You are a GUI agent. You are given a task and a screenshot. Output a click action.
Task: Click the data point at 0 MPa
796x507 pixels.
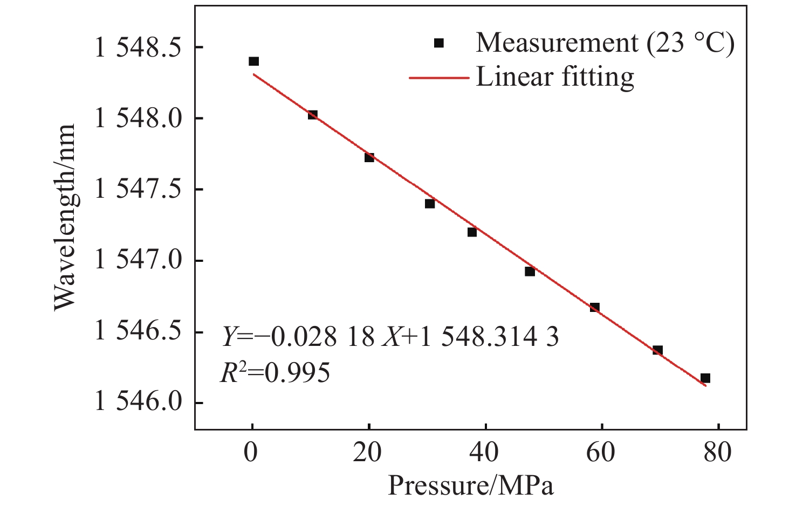[x=253, y=61]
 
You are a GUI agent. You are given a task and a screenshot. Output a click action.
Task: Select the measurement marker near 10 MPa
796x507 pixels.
[x=313, y=115]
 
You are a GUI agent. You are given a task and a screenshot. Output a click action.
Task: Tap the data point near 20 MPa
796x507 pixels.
[x=369, y=157]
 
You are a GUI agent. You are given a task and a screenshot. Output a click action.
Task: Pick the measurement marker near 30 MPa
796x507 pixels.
[x=430, y=204]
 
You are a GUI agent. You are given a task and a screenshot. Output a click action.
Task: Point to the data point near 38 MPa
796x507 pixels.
[x=472, y=232]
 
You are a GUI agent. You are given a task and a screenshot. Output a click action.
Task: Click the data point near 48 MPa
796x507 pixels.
[x=530, y=272]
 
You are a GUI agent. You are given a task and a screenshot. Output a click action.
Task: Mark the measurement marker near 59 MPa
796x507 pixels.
[x=595, y=308]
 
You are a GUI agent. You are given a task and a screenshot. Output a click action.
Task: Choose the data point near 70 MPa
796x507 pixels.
[x=657, y=350]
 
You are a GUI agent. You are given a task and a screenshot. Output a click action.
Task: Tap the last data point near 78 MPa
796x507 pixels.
[x=705, y=378]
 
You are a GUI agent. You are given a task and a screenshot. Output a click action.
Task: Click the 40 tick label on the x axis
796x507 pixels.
[x=484, y=453]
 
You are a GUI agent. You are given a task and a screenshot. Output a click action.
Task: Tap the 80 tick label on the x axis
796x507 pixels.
[x=717, y=453]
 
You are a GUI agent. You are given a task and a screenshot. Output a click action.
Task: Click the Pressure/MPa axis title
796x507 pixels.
[x=470, y=486]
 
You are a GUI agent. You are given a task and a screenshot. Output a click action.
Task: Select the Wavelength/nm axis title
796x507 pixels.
[x=65, y=218]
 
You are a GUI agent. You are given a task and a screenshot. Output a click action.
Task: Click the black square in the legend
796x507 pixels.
[x=439, y=43]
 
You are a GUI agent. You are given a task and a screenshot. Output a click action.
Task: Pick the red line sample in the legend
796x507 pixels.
[x=438, y=78]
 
